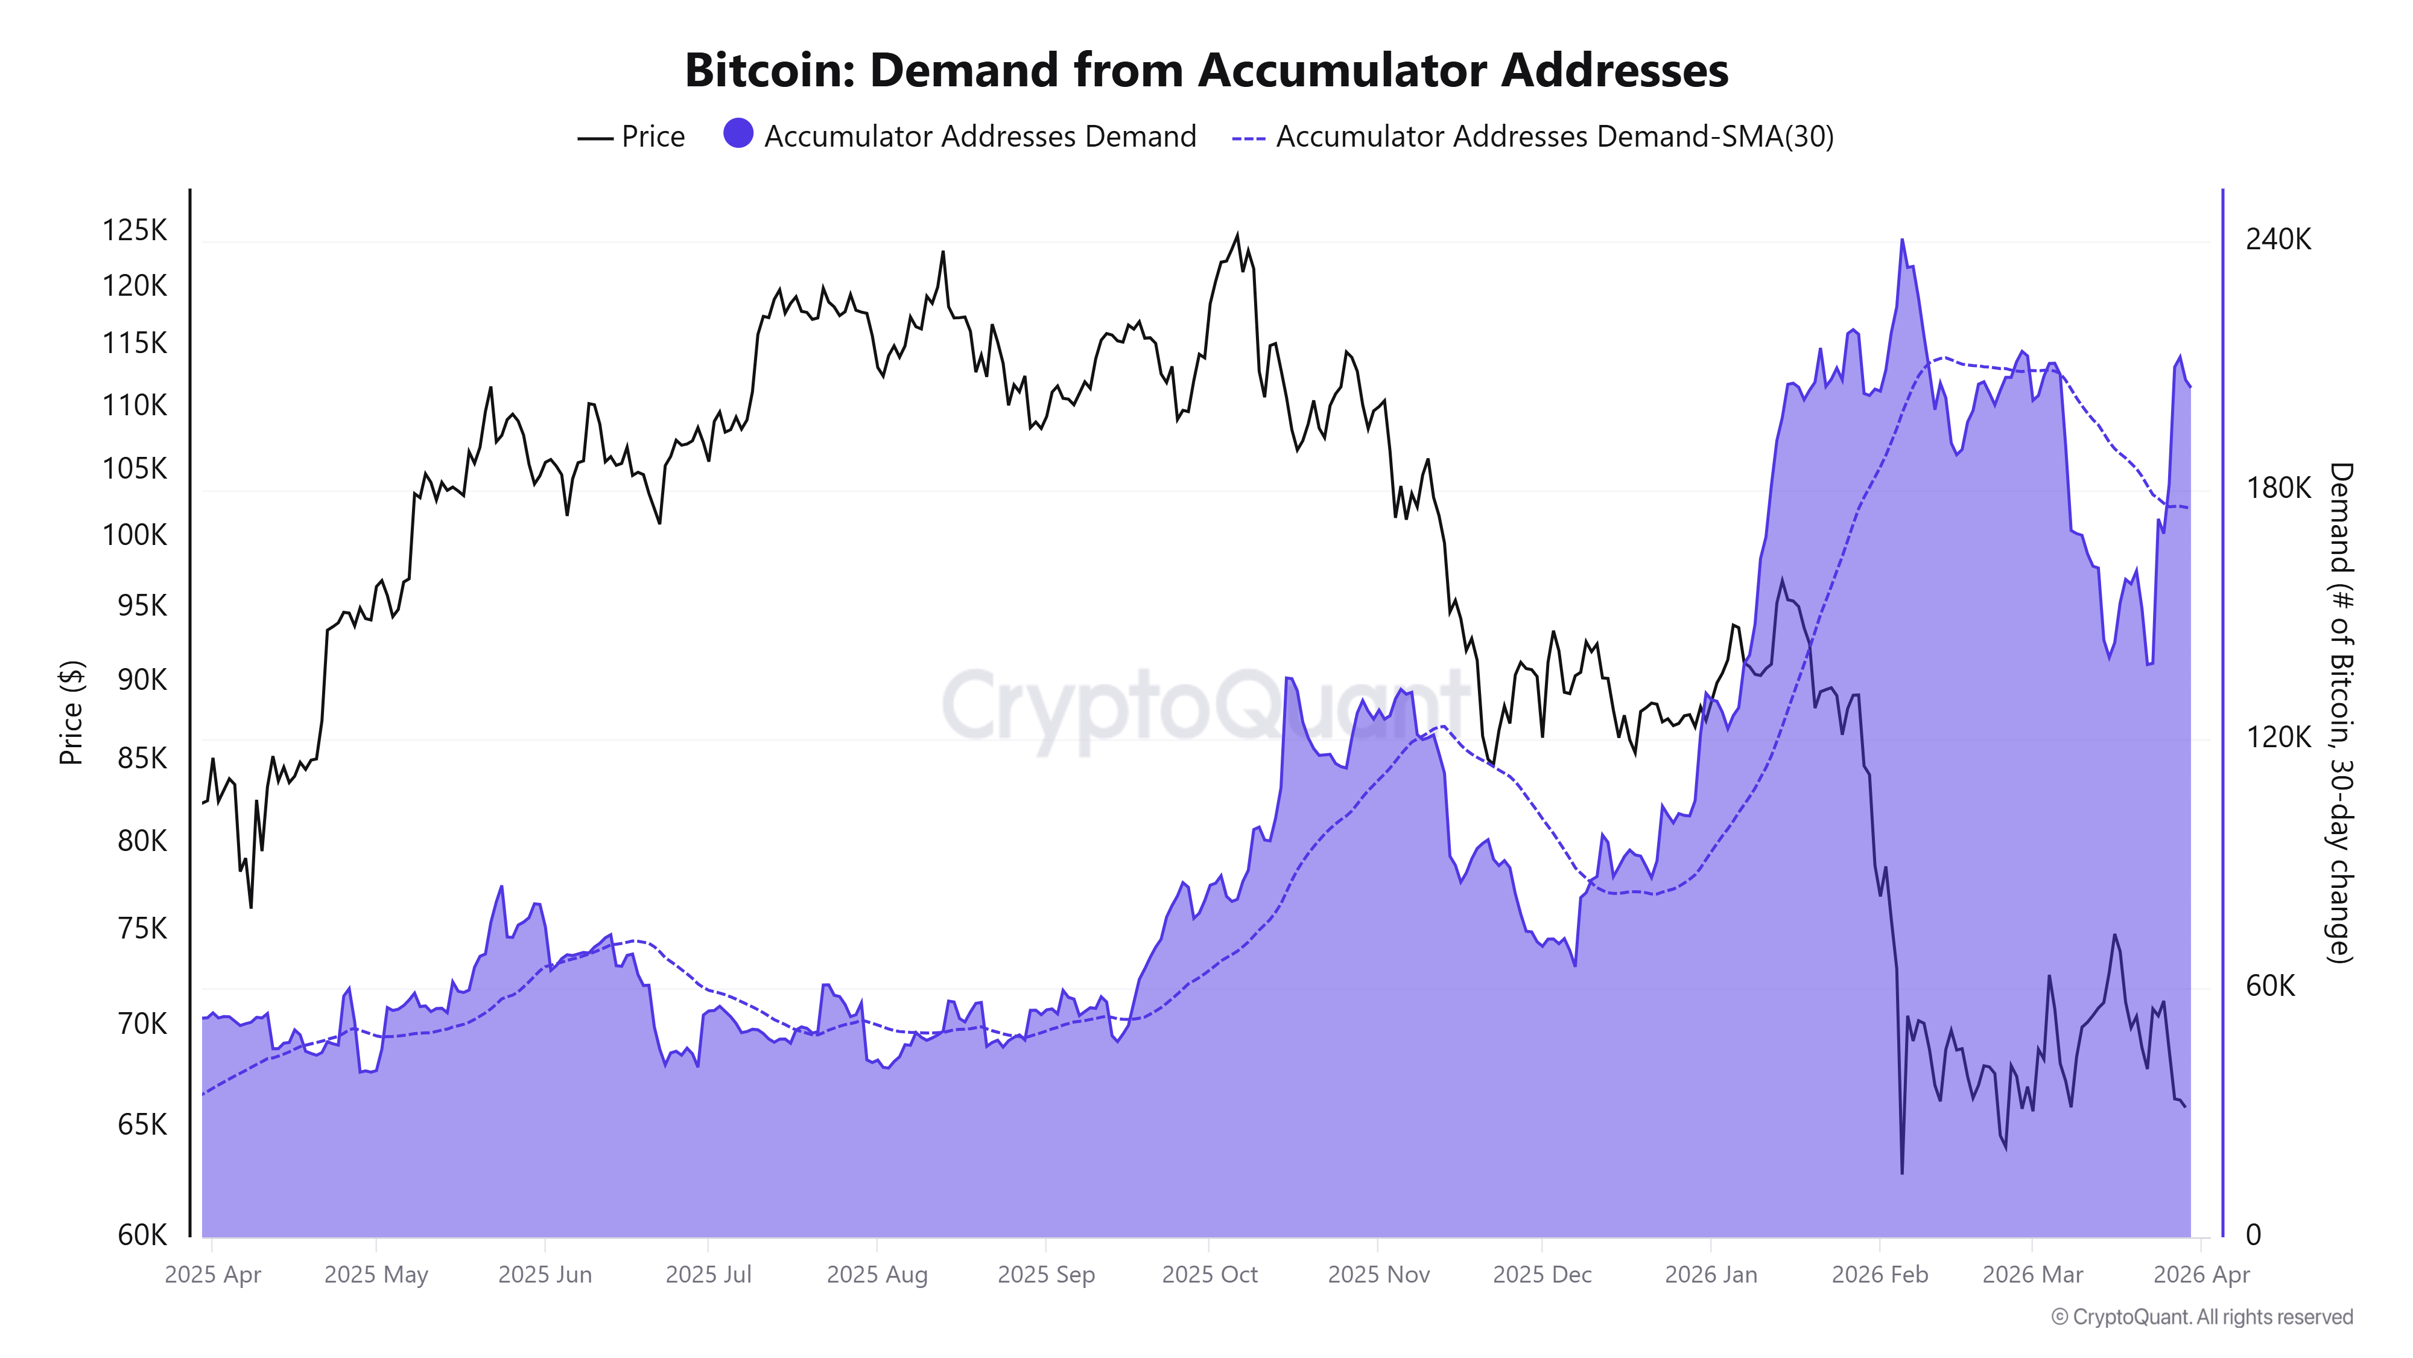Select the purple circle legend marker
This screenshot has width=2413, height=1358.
pyautogui.click(x=738, y=134)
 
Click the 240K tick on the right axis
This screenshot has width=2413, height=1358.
pyautogui.click(x=2277, y=240)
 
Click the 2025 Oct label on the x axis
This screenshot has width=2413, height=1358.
pyautogui.click(x=1210, y=1275)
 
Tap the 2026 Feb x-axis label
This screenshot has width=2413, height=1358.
pyautogui.click(x=1879, y=1275)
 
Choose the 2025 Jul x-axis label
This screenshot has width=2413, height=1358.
pyautogui.click(x=708, y=1275)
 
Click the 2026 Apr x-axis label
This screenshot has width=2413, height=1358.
pyautogui.click(x=2201, y=1275)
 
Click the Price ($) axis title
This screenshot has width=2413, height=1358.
pyautogui.click(x=71, y=712)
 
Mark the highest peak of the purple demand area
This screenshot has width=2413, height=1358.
pyautogui.click(x=1901, y=241)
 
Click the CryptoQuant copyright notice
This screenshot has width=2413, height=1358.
pyautogui.click(x=2201, y=1317)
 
